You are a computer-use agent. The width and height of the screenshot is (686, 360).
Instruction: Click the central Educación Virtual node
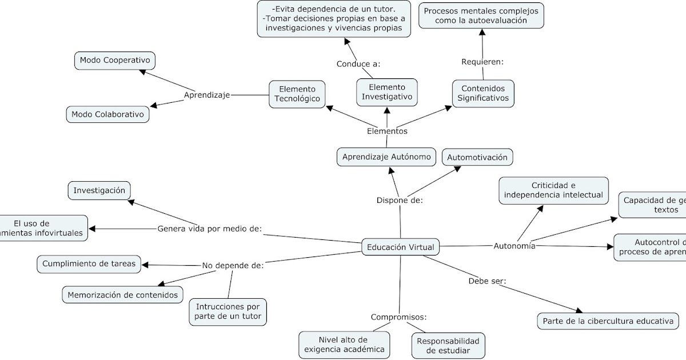click(x=400, y=247)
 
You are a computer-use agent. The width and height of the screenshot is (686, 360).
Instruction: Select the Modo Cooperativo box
click(x=115, y=60)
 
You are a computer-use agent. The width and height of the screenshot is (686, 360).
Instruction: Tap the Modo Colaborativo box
click(x=107, y=114)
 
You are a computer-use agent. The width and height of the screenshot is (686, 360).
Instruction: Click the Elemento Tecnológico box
click(x=297, y=94)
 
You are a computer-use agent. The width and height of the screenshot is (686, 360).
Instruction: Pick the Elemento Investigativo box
click(x=386, y=92)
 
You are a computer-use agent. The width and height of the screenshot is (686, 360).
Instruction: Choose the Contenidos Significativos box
click(x=483, y=93)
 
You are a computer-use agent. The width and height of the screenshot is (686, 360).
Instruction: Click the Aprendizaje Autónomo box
click(x=386, y=157)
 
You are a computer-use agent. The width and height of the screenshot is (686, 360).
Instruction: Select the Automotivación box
click(x=477, y=157)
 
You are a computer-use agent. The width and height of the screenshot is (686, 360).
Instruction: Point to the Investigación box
click(x=99, y=190)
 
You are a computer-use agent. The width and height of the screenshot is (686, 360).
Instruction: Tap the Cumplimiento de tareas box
click(x=89, y=263)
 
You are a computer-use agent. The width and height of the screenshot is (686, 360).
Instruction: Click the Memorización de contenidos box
click(x=123, y=295)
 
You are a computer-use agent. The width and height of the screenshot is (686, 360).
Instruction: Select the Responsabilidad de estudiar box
click(x=448, y=345)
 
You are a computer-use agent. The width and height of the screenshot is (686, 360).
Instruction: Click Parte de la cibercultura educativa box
click(x=608, y=321)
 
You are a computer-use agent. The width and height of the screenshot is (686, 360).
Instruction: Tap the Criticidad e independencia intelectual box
click(x=553, y=190)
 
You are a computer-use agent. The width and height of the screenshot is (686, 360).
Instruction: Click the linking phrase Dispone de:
click(x=399, y=200)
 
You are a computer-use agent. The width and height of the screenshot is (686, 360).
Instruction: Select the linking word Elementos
click(x=387, y=131)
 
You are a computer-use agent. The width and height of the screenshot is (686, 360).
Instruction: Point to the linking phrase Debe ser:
click(x=487, y=281)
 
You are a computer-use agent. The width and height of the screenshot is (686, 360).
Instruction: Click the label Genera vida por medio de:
click(x=209, y=229)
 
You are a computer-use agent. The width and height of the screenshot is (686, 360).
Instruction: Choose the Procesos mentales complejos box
click(x=481, y=15)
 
